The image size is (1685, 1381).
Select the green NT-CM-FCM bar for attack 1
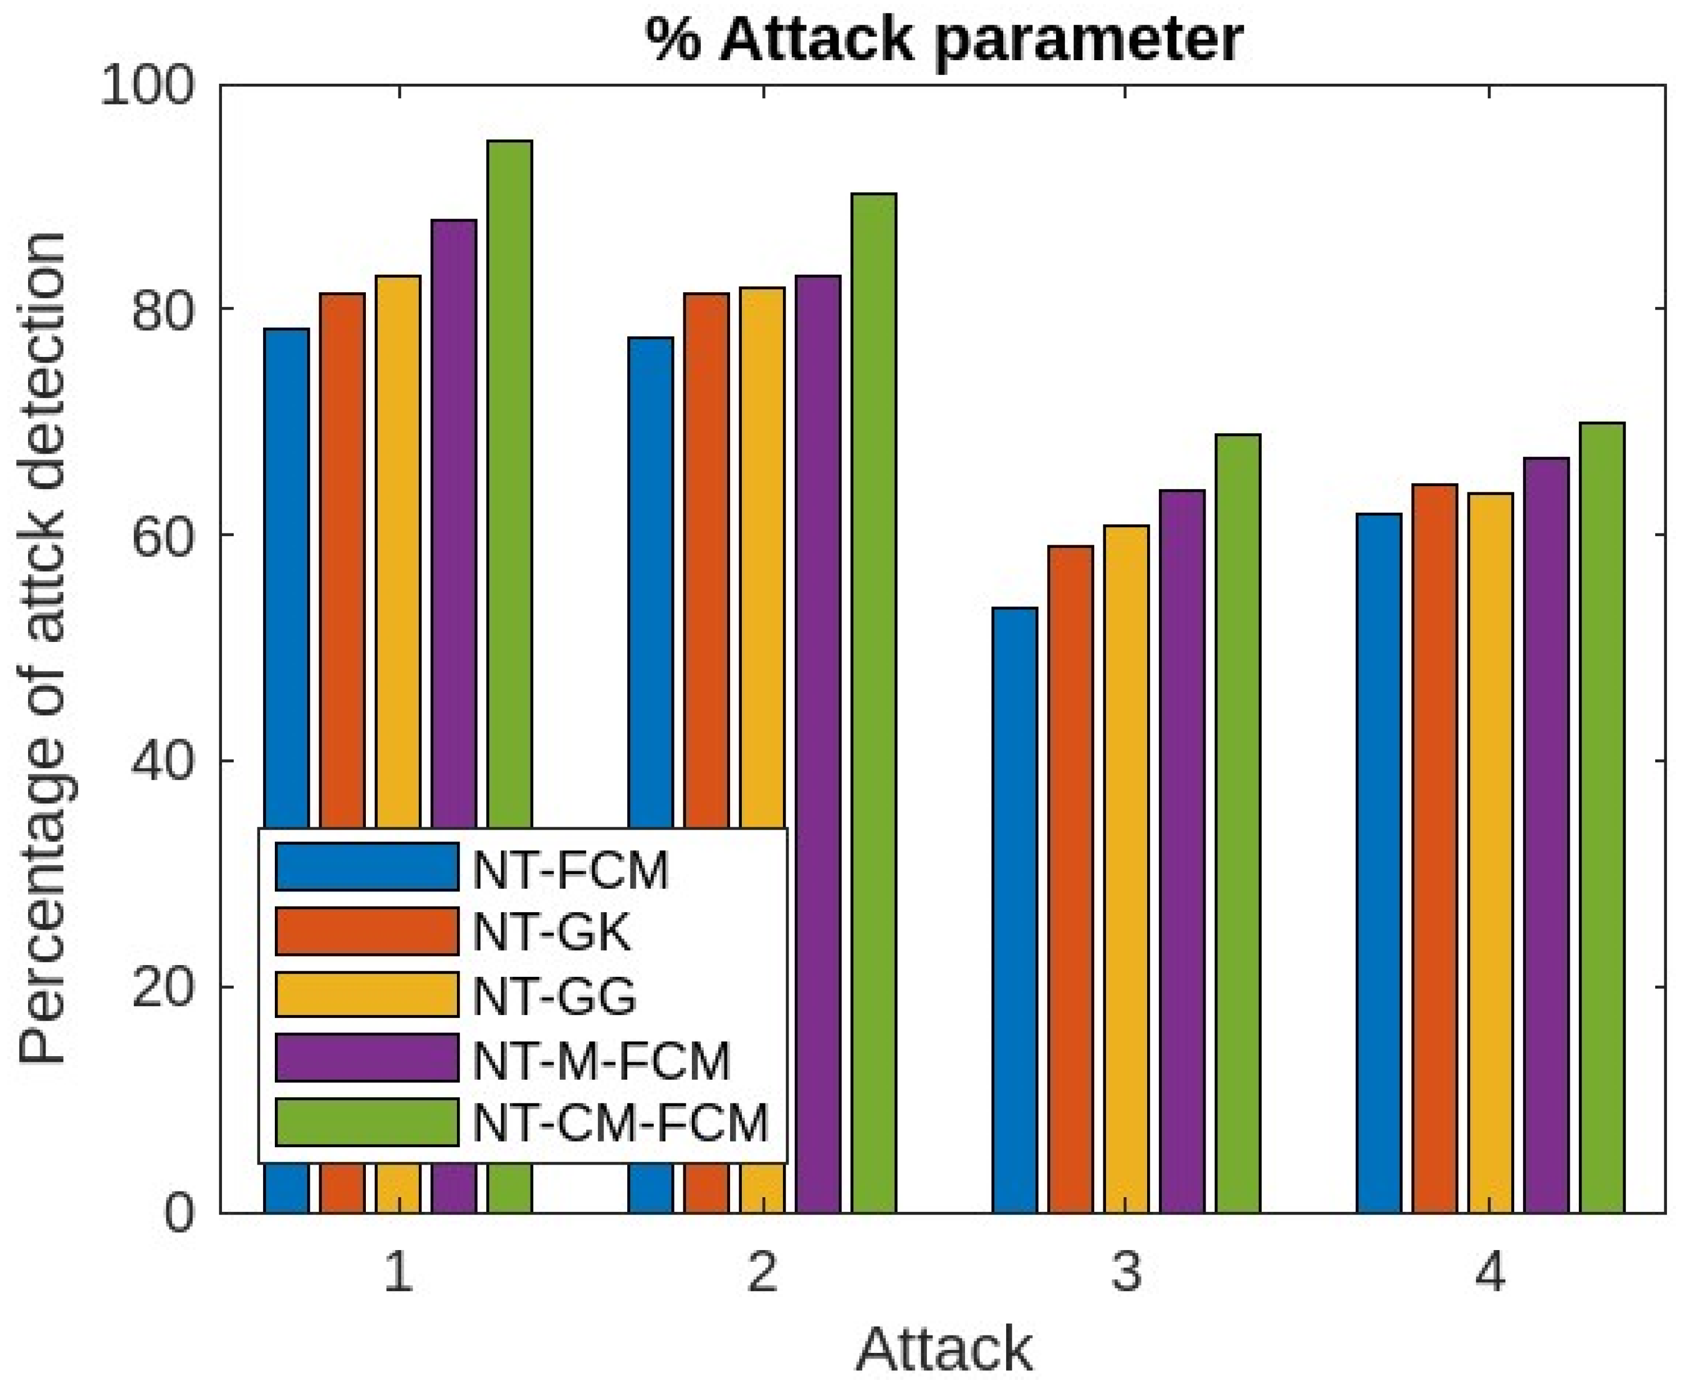pos(510,477)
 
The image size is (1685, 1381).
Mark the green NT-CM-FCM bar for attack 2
pos(873,700)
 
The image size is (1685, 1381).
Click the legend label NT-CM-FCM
pos(620,1122)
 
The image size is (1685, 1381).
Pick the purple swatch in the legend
pos(367,1058)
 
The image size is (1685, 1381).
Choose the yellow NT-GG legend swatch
pos(367,994)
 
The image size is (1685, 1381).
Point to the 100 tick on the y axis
pos(148,85)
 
